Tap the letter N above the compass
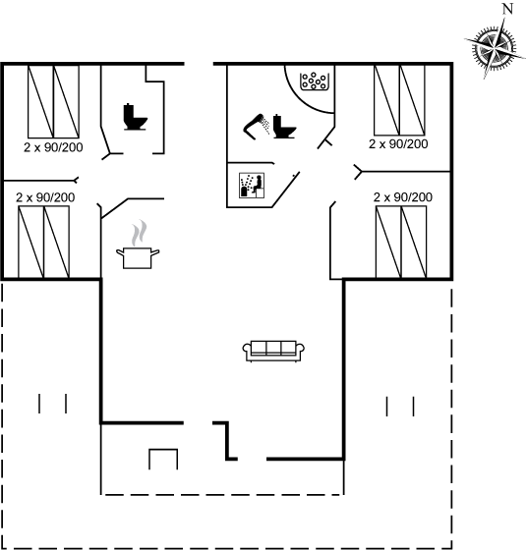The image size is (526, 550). (x=507, y=9)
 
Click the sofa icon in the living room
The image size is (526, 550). (x=273, y=351)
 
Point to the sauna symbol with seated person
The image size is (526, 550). (x=252, y=186)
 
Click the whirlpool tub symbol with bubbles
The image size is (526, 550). (x=314, y=82)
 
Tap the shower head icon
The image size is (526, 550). (x=256, y=127)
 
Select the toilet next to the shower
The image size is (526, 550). (x=284, y=127)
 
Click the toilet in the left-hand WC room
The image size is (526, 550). (x=136, y=117)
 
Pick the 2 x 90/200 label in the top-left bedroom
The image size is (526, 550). (x=53, y=147)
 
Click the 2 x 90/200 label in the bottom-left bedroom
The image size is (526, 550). (x=45, y=197)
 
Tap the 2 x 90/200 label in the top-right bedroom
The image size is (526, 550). (x=398, y=144)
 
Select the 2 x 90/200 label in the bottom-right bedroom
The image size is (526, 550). (x=403, y=197)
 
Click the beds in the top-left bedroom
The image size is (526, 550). (x=53, y=101)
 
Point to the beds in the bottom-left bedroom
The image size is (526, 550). (x=44, y=243)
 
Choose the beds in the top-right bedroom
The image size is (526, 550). (x=399, y=100)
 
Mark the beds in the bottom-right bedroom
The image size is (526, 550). (x=401, y=243)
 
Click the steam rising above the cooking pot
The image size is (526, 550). (x=139, y=233)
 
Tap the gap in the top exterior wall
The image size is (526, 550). (x=199, y=64)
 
